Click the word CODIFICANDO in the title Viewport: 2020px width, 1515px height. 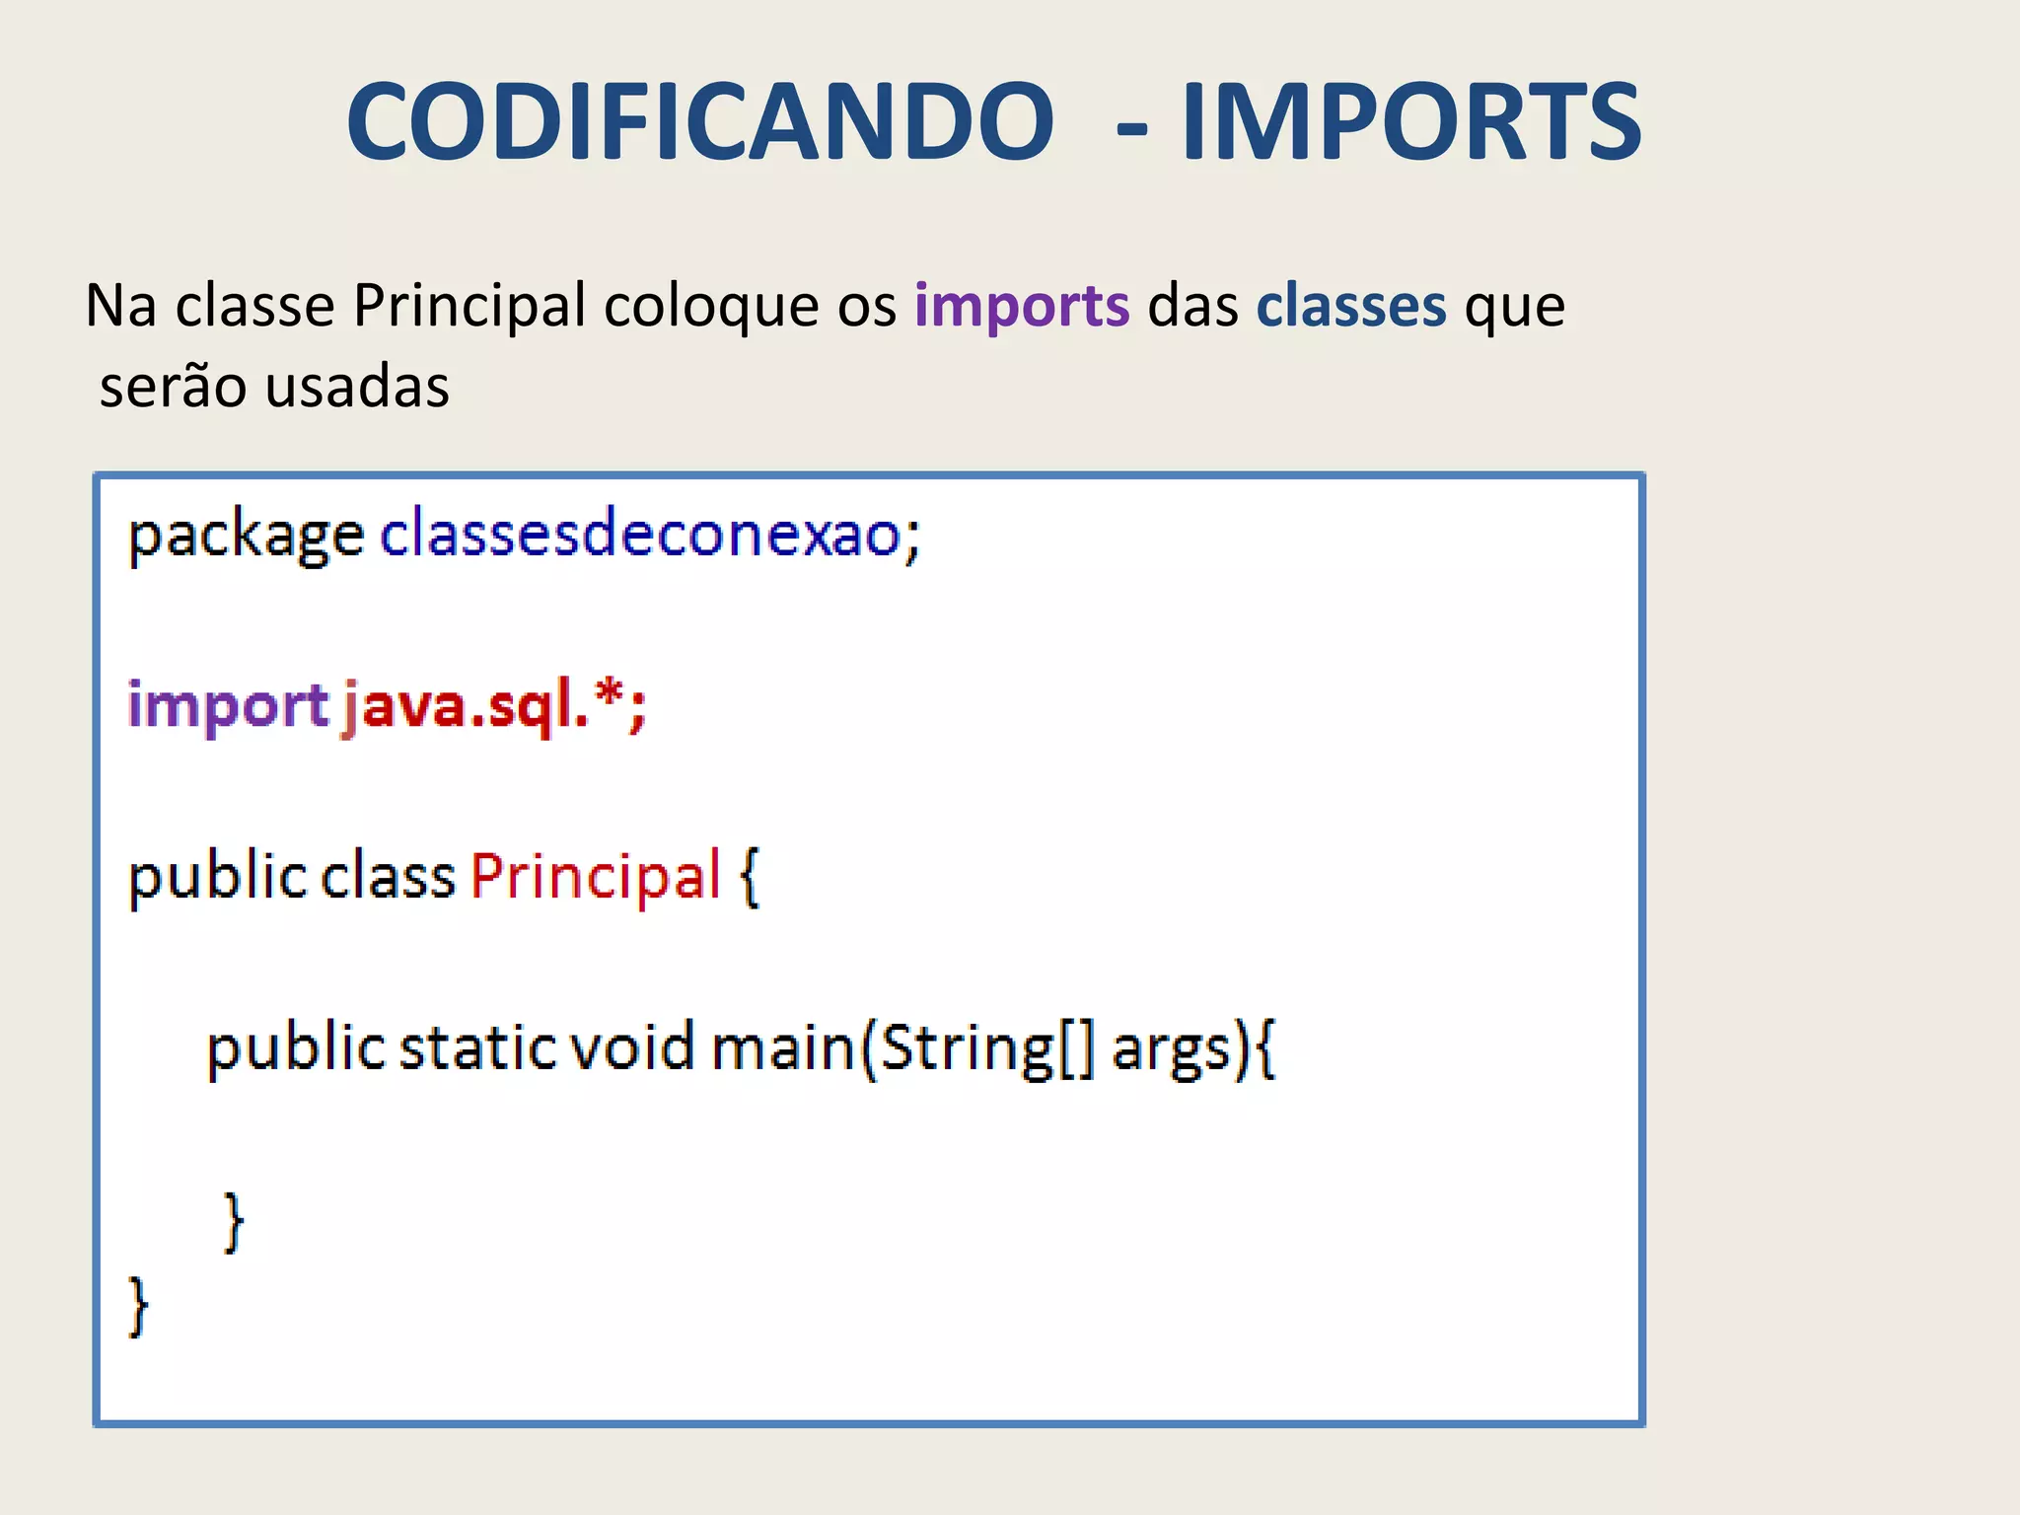point(700,121)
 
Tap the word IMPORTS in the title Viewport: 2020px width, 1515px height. point(1411,121)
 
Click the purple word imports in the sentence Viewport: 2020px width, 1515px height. point(1022,306)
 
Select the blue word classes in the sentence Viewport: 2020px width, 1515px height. point(1350,306)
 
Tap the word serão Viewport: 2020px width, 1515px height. point(173,386)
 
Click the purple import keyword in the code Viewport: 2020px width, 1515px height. point(227,707)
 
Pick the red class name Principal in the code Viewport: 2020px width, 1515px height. point(596,877)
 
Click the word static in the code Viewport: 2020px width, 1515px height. point(478,1046)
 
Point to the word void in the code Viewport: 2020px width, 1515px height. point(632,1046)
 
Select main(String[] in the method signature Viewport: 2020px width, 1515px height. point(902,1048)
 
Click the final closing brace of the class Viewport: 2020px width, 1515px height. point(138,1306)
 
